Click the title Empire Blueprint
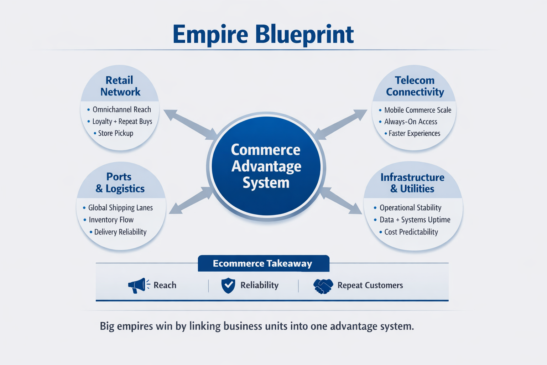click(263, 35)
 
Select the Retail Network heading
click(120, 86)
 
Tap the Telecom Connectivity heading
click(415, 86)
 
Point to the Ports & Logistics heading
click(120, 182)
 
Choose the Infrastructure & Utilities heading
click(412, 183)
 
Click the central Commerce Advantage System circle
click(266, 166)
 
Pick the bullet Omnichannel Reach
click(121, 109)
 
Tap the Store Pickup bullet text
click(115, 133)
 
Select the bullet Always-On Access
click(410, 122)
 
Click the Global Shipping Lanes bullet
click(120, 207)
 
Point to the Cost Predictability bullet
click(411, 232)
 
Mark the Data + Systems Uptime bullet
click(415, 220)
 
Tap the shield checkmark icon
click(228, 285)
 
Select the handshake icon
click(323, 286)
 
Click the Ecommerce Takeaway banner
click(263, 263)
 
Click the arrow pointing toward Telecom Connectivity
click(341, 124)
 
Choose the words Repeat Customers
click(370, 285)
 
